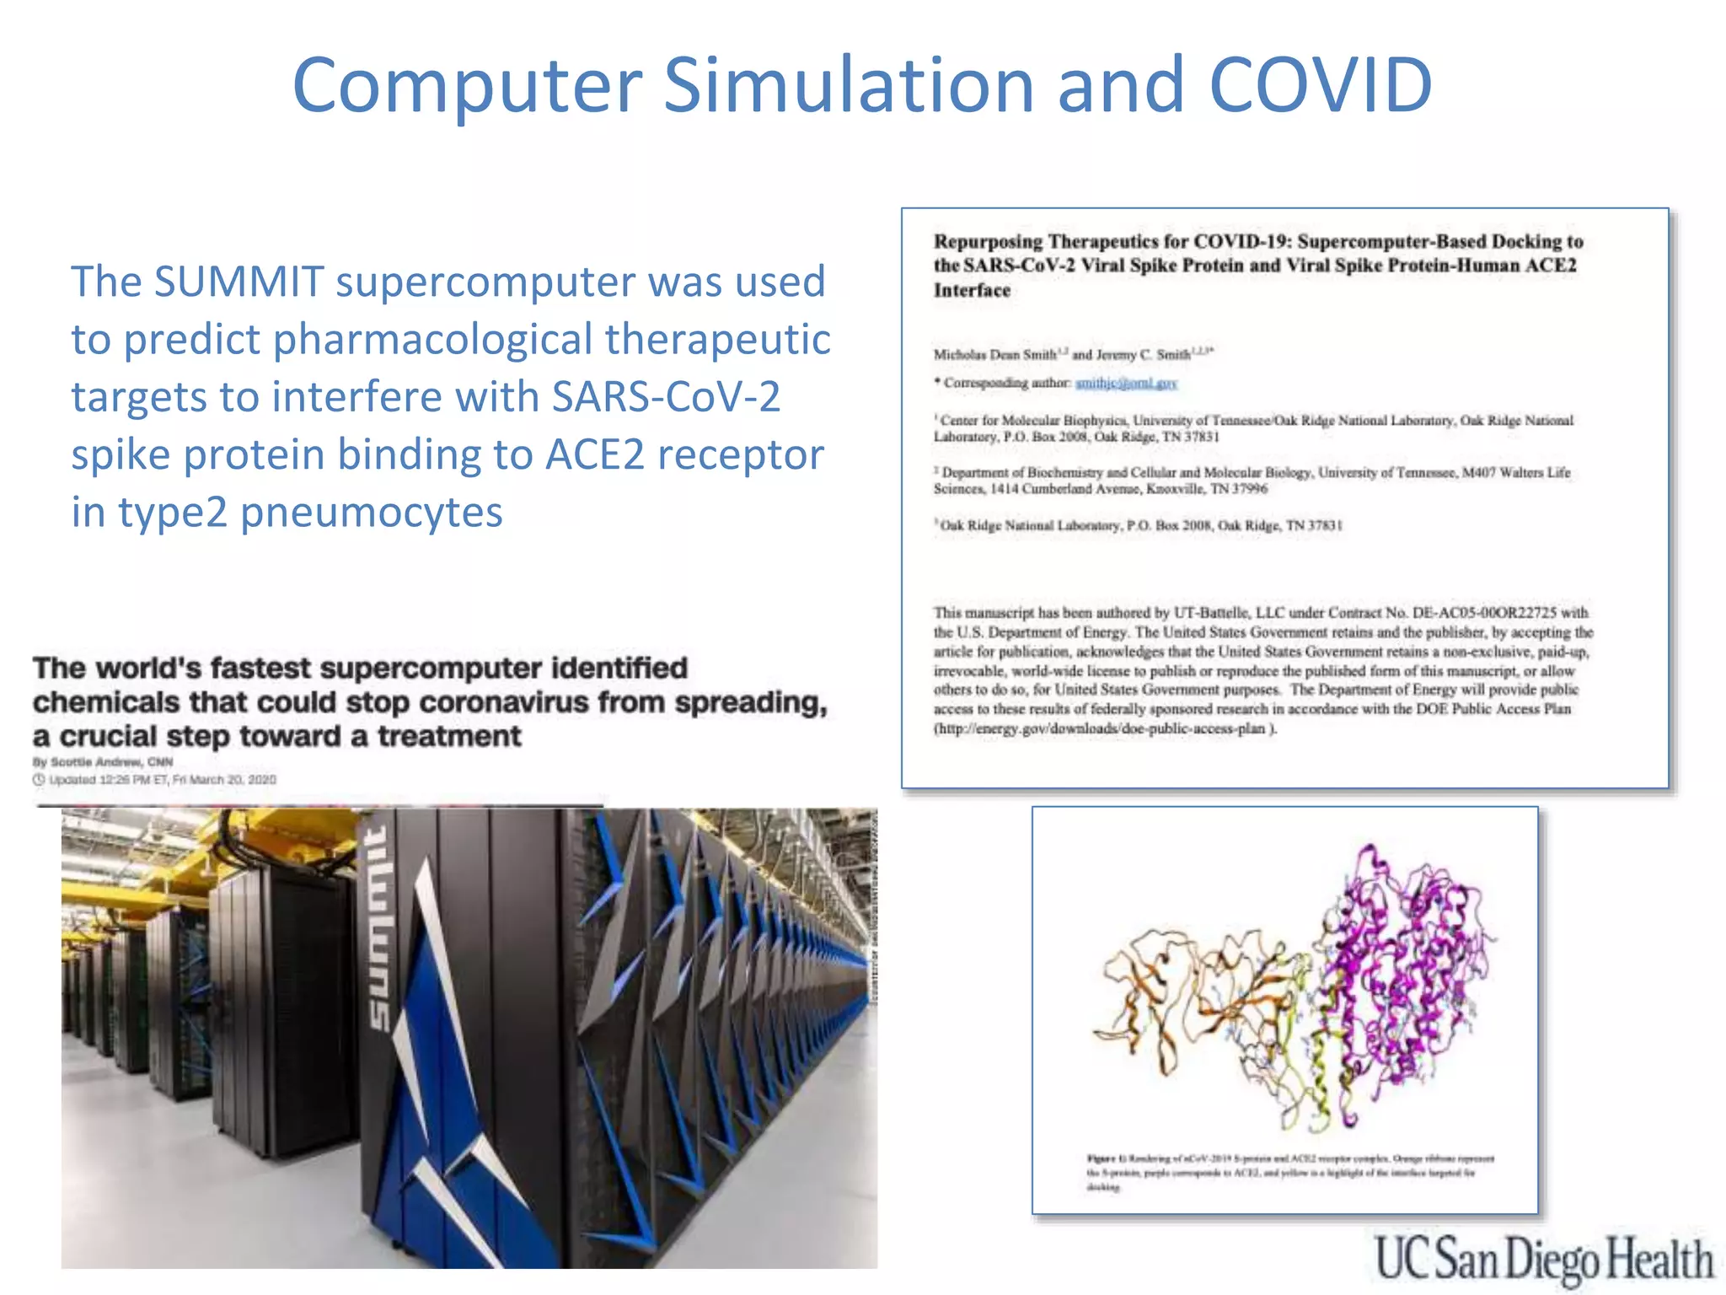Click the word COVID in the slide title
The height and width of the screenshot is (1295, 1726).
click(1320, 84)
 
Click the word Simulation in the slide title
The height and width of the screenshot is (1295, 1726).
click(848, 84)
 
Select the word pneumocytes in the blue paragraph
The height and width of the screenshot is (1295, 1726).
click(371, 513)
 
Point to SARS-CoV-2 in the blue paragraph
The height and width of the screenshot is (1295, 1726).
click(666, 396)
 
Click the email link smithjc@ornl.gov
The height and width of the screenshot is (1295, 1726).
click(1126, 384)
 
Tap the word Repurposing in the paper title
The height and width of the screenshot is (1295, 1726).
click(987, 242)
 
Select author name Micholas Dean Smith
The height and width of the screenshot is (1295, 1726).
click(994, 355)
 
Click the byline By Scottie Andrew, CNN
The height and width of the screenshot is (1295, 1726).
click(103, 762)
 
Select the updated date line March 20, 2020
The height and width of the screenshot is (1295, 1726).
click(162, 780)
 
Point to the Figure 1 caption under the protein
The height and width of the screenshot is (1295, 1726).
click(1289, 1172)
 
